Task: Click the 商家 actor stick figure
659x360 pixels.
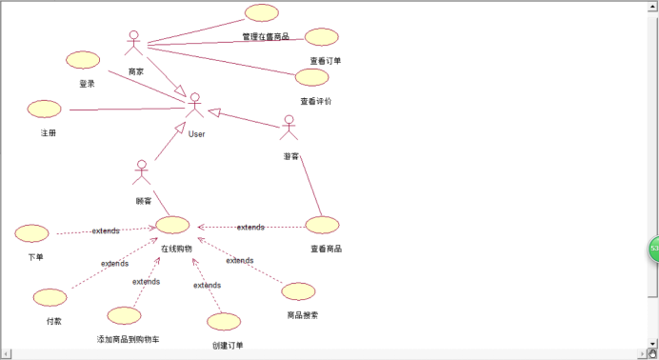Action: point(134,45)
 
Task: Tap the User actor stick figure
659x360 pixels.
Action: point(195,106)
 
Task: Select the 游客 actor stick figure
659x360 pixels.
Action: point(289,128)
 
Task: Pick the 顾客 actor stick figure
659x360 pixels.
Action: point(142,172)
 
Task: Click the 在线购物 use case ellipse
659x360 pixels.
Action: point(173,225)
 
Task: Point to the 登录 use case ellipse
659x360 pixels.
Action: point(84,59)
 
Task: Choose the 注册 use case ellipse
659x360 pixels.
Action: point(45,109)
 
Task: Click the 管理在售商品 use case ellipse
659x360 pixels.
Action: point(262,13)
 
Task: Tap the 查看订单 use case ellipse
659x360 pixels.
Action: point(322,37)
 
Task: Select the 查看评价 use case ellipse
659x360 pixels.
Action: point(312,77)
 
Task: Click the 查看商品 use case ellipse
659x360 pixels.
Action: point(323,225)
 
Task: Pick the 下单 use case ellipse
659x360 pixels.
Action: point(32,233)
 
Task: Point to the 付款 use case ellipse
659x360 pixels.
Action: point(50,297)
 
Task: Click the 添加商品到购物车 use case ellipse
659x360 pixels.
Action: point(125,315)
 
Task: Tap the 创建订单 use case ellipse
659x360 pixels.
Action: point(225,322)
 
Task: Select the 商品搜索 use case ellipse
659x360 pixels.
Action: point(298,291)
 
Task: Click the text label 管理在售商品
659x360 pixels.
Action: point(266,37)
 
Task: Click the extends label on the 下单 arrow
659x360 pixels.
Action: point(106,231)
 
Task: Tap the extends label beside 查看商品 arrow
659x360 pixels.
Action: point(250,228)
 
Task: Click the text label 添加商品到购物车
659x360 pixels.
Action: point(128,339)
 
